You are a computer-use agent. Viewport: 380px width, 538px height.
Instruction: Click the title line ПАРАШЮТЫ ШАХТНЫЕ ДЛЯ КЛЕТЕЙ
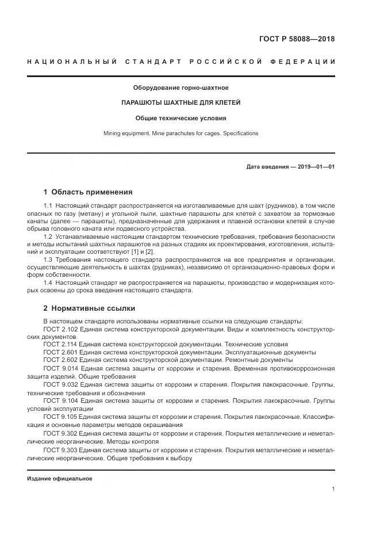pos(181,103)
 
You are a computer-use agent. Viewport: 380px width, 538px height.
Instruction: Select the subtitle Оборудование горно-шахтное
pos(181,87)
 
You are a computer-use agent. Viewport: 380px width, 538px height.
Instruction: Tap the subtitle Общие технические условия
pos(181,119)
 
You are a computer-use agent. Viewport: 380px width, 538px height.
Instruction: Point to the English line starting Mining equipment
pos(181,133)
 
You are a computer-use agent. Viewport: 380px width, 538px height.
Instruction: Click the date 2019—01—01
pos(316,167)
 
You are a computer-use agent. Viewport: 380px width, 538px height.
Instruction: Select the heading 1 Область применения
pos(88,192)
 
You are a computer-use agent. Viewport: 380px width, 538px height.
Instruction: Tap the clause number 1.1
pos(48,206)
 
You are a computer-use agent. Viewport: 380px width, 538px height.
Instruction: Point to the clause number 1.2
pos(48,236)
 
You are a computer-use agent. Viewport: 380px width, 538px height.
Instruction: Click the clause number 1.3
pos(48,260)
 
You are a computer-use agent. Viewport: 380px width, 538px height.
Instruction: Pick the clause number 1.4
pos(48,283)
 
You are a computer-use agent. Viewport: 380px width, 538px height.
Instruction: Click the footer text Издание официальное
pos(60,479)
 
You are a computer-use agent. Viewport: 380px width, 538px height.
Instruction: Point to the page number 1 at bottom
pos(333,489)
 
